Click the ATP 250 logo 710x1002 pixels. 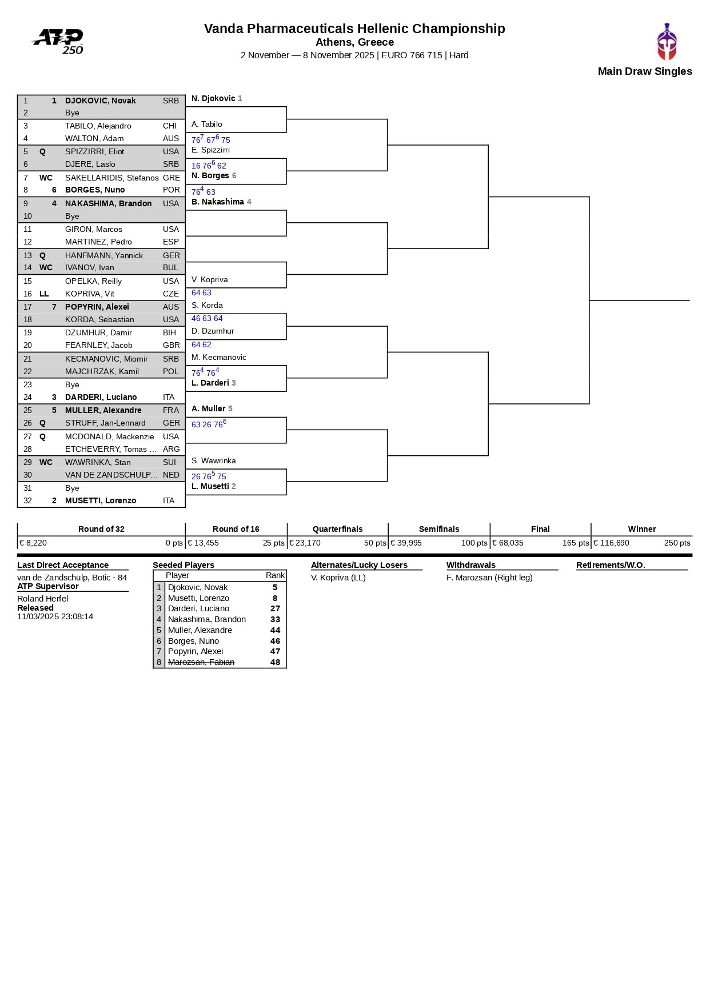[x=58, y=42]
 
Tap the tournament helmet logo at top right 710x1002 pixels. [x=667, y=42]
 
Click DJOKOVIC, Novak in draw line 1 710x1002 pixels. [x=100, y=101]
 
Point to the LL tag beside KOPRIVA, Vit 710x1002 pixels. [x=44, y=294]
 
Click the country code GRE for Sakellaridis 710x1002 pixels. [x=171, y=178]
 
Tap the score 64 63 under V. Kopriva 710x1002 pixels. [x=201, y=292]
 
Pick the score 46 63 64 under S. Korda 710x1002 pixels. [x=207, y=318]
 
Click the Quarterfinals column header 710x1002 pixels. [x=337, y=529]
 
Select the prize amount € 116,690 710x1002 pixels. [x=611, y=543]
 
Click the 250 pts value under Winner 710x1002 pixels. [x=677, y=543]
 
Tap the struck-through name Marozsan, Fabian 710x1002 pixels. [x=201, y=662]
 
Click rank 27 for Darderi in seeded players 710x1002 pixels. [x=275, y=608]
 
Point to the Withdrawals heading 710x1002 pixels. [x=470, y=565]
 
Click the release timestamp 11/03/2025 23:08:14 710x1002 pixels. [x=55, y=616]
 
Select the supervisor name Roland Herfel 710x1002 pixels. [x=42, y=599]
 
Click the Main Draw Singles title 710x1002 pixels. [x=644, y=71]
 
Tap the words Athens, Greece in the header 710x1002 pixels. [x=354, y=42]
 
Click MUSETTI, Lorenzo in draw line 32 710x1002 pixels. [x=101, y=500]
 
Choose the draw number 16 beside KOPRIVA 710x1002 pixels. [x=27, y=294]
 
